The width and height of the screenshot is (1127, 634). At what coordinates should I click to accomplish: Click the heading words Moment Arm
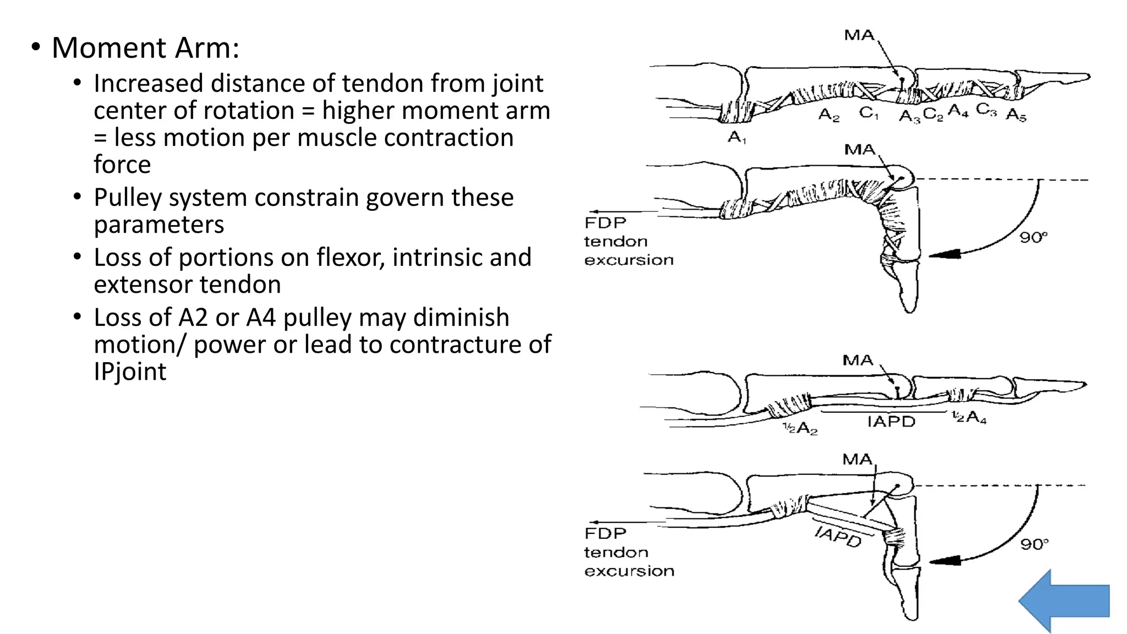(x=145, y=48)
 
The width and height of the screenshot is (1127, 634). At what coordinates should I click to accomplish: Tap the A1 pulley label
(x=736, y=136)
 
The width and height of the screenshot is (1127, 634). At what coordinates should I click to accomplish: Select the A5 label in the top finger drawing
(x=1015, y=115)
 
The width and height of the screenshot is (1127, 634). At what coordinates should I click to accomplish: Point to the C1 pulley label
(x=869, y=113)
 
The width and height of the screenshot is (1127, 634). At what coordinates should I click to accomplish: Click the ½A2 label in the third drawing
(x=800, y=428)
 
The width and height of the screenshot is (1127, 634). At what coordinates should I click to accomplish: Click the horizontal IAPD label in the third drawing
(x=891, y=422)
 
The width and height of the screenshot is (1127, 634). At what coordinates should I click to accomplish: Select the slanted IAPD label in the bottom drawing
(x=838, y=536)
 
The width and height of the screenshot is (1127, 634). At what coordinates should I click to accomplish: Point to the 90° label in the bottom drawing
(x=1034, y=544)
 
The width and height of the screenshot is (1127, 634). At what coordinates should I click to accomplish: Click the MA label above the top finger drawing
(x=859, y=35)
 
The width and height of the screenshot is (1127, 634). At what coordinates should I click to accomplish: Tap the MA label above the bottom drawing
(x=857, y=459)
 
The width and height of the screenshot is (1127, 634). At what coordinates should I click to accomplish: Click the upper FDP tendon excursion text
(x=628, y=241)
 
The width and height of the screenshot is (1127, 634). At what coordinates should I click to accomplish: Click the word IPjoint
(x=130, y=371)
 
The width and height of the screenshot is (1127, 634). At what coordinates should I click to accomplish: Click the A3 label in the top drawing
(x=909, y=116)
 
